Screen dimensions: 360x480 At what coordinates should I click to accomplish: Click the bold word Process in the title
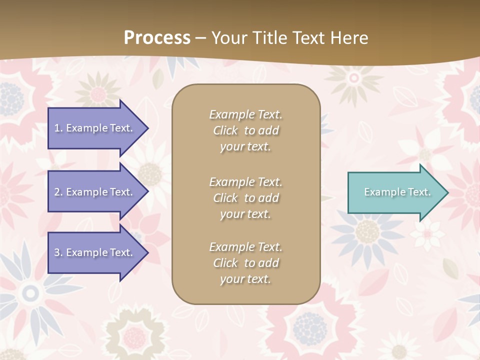point(157,38)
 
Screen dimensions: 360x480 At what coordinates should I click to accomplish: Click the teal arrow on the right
point(395,192)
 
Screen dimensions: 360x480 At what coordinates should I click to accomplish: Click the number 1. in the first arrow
point(58,128)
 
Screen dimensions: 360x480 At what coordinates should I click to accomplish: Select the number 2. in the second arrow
point(58,192)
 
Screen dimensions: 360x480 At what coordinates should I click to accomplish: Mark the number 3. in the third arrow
point(58,252)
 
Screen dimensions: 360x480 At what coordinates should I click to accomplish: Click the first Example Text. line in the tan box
point(245,114)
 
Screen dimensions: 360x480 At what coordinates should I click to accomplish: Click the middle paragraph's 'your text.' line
point(245,214)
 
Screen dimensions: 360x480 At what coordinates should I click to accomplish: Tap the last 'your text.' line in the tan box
point(245,279)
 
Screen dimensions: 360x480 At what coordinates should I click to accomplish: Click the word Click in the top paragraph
point(225,130)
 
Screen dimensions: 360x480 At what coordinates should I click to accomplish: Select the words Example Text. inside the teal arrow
point(397,192)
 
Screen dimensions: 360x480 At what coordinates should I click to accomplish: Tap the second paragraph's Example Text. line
point(245,182)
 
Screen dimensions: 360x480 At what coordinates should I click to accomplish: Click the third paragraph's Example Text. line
point(245,247)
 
